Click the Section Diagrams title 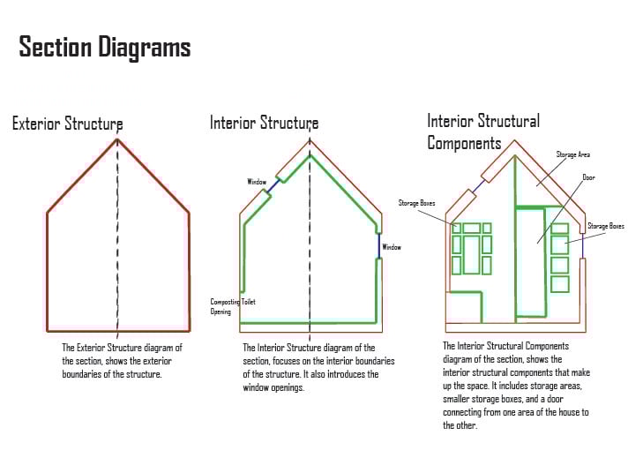click(x=105, y=47)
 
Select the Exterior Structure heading click(x=67, y=124)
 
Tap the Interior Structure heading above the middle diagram click(x=264, y=123)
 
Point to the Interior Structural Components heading click(x=483, y=131)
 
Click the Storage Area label click(x=572, y=154)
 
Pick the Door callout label click(x=588, y=177)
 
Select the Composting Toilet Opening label click(x=233, y=306)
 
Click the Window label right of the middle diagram click(x=391, y=247)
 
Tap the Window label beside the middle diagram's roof click(x=257, y=182)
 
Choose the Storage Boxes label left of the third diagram click(x=416, y=203)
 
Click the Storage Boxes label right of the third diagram click(x=605, y=226)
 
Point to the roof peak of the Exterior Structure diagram click(x=117, y=139)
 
